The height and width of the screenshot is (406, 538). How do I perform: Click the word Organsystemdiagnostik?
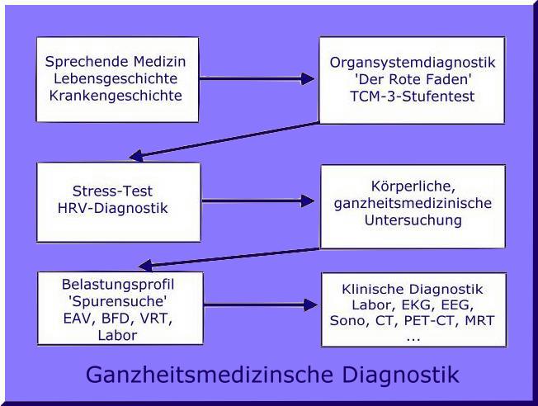tap(412, 63)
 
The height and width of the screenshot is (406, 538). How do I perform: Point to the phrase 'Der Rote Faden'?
tap(412, 79)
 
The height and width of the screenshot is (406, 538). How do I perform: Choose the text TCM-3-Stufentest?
tap(412, 96)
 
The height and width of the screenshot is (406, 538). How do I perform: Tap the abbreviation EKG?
tap(419, 305)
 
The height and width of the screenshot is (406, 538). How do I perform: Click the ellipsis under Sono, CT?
tap(412, 337)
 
